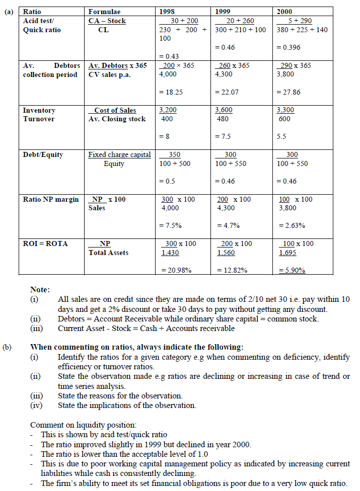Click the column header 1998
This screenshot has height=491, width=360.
point(167,12)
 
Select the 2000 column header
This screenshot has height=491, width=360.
point(284,12)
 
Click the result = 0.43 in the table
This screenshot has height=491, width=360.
point(169,56)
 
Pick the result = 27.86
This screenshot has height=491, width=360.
point(289,92)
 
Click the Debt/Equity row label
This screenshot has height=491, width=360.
point(43,154)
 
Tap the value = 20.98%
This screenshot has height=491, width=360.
point(175,270)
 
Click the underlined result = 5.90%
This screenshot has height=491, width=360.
point(292,270)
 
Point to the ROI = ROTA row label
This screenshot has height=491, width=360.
point(45,243)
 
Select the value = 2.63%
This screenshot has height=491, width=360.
point(291,226)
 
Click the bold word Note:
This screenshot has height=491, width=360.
point(40,290)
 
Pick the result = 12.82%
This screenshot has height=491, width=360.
point(232,270)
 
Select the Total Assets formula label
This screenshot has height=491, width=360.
point(108,253)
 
